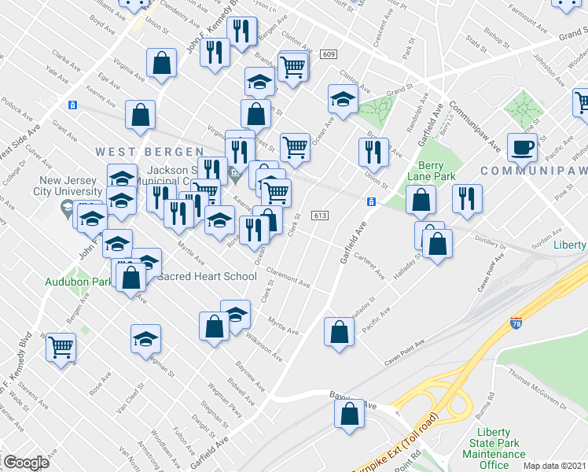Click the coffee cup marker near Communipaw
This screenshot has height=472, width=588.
(522, 146)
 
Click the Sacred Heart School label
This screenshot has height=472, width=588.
(208, 276)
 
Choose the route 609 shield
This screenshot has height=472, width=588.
(329, 53)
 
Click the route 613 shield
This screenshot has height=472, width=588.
(319, 215)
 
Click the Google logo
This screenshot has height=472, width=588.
(25, 462)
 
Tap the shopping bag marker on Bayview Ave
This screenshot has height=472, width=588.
(350, 412)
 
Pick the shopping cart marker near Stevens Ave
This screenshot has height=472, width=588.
(61, 346)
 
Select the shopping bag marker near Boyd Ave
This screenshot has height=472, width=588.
(161, 65)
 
